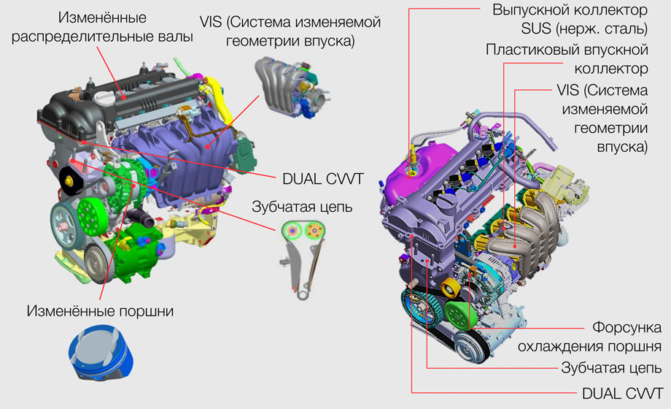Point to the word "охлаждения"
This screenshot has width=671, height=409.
[x=566, y=345]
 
